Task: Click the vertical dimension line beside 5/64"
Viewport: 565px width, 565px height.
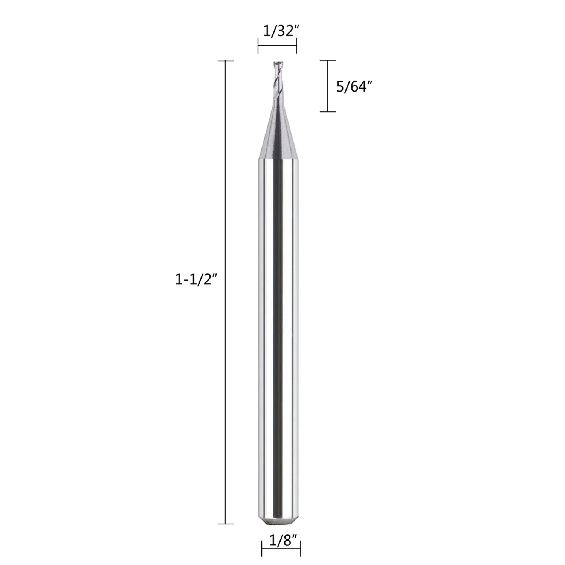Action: (328, 86)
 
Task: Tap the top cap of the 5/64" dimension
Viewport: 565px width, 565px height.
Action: (328, 60)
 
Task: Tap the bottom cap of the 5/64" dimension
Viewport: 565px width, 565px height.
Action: (328, 112)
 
